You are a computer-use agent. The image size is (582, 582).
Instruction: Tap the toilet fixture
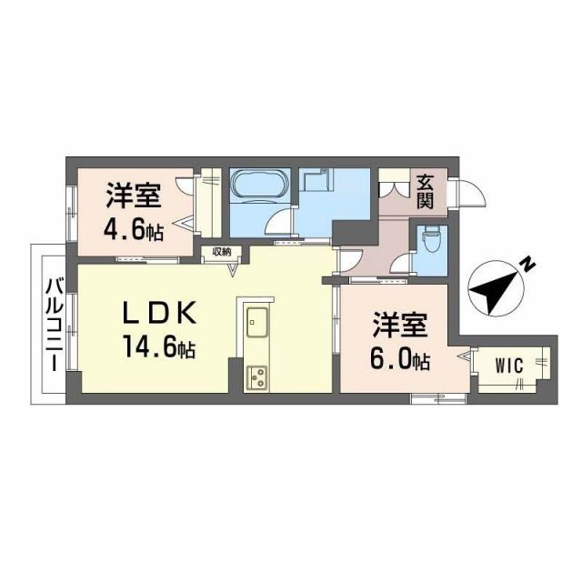tap(430, 241)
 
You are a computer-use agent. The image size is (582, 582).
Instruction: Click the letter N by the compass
tap(527, 264)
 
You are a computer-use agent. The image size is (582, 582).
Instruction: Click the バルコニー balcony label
tap(52, 324)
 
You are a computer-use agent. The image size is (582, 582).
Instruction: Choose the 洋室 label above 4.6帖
tap(134, 195)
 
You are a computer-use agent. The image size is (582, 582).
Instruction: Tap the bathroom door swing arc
tap(280, 222)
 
